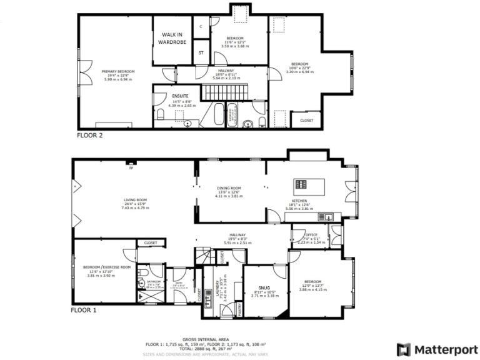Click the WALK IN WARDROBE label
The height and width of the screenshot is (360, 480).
(172, 39)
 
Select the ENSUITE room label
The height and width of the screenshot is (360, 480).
(181, 96)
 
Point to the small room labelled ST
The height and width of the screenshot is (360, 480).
(201, 53)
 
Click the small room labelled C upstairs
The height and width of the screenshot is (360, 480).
(201, 27)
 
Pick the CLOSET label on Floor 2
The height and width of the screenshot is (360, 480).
(306, 120)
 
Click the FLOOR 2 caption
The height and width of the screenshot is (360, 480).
(89, 134)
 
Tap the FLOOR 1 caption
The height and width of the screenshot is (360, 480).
(82, 309)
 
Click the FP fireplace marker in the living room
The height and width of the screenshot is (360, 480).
(131, 167)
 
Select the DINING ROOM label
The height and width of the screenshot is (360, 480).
(229, 188)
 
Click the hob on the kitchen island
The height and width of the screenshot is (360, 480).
(301, 184)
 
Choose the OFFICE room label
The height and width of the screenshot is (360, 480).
(312, 236)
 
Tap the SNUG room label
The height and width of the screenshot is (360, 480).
(262, 289)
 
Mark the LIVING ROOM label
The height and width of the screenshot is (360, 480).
(134, 200)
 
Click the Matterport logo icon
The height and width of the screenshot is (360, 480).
(404, 349)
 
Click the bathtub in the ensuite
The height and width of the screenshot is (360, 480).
(218, 115)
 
